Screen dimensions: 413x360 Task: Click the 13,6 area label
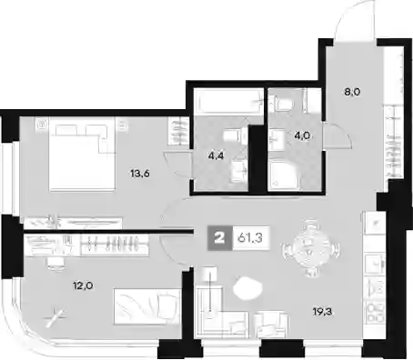pyautogui.click(x=140, y=174)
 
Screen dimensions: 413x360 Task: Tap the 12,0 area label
pyautogui.click(x=83, y=285)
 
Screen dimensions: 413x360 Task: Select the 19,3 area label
pyautogui.click(x=322, y=311)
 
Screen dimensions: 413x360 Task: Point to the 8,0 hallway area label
pyautogui.click(x=352, y=92)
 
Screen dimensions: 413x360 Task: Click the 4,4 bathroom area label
pyautogui.click(x=216, y=155)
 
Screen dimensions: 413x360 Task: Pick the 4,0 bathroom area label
pyautogui.click(x=302, y=135)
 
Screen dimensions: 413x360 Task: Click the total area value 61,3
pyautogui.click(x=250, y=238)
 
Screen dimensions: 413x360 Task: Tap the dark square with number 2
pyautogui.click(x=220, y=238)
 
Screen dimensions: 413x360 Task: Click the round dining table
pyautogui.click(x=311, y=249)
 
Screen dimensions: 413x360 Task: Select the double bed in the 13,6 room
pyautogui.click(x=82, y=154)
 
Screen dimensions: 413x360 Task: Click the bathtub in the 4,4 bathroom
pyautogui.click(x=228, y=102)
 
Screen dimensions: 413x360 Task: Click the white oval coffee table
pyautogui.click(x=247, y=288)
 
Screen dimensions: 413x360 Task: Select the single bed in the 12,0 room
pyautogui.click(x=147, y=306)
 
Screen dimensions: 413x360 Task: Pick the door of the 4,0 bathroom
pyautogui.click(x=337, y=135)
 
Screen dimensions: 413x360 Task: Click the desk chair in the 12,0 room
pyautogui.click(x=55, y=263)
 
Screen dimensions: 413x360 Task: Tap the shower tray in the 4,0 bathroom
pyautogui.click(x=283, y=176)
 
